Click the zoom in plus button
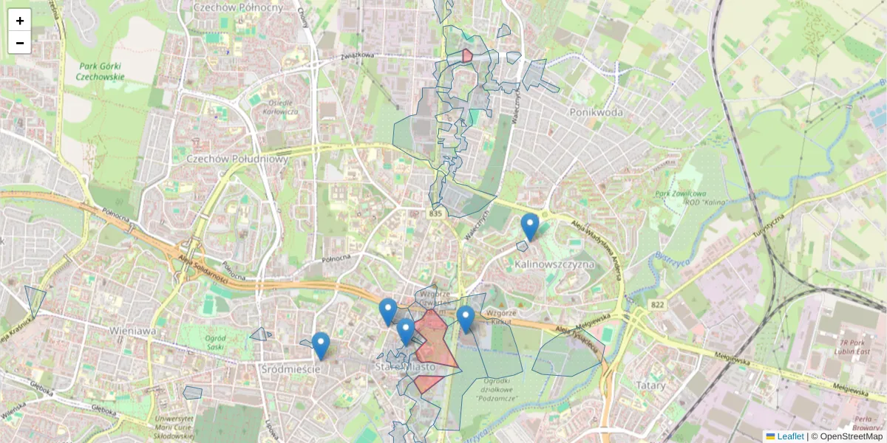coord(20,21)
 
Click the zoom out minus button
coord(20,43)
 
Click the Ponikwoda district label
coord(596,112)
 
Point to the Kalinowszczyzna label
coord(555,264)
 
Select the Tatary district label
coord(651,385)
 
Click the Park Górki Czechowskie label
coord(103,71)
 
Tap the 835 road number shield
coord(435,213)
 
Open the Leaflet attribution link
coord(789,436)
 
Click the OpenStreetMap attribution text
coord(846,436)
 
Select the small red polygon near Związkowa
coord(467,55)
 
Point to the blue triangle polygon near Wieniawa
coord(34,299)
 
